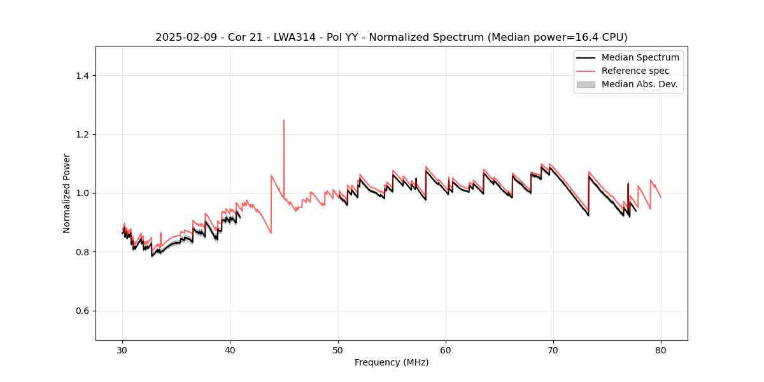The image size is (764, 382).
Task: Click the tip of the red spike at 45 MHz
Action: [284, 120]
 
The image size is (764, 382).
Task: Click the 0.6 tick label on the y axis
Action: [82, 311]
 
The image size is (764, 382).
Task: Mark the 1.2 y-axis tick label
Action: [82, 134]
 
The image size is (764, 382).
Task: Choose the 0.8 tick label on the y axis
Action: [82, 252]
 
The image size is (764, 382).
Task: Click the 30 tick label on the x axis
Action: [123, 350]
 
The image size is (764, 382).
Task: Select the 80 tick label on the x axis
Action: [661, 350]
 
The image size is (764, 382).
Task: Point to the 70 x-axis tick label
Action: [553, 350]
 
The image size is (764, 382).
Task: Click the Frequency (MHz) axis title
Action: [392, 362]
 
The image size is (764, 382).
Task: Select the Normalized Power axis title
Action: [67, 193]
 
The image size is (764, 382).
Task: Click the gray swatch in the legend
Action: [586, 84]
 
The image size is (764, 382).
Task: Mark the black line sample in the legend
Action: [586, 57]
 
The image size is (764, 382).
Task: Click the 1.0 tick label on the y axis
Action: [82, 193]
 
